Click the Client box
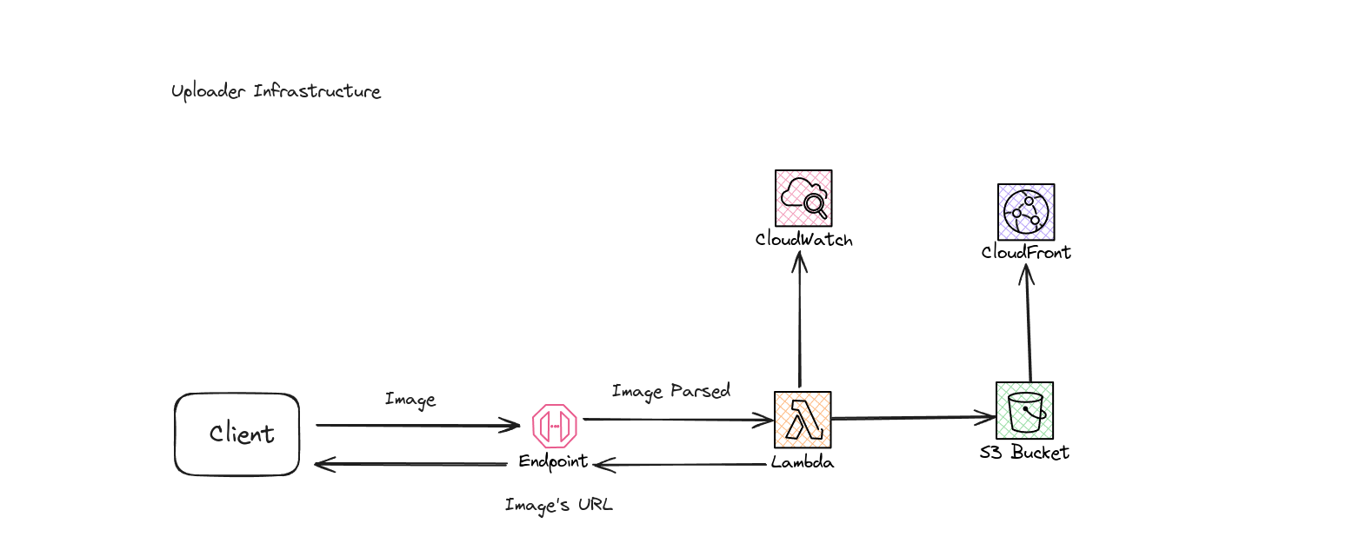(x=237, y=434)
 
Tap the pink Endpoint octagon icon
(x=555, y=425)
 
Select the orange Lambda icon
(x=803, y=420)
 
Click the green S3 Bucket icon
(x=1024, y=410)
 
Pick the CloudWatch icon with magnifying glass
(x=803, y=198)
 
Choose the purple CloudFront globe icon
(x=1026, y=212)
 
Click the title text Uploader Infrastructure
(x=276, y=91)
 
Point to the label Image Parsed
(x=670, y=391)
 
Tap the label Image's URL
(x=558, y=505)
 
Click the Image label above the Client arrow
(x=410, y=400)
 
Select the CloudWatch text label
(x=803, y=240)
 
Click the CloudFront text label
(x=1026, y=253)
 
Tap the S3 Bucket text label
(x=1023, y=453)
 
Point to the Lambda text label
(x=802, y=462)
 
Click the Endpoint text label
(x=553, y=461)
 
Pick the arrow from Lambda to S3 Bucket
(x=913, y=418)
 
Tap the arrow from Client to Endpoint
(x=417, y=425)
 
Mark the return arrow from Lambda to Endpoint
(x=687, y=465)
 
